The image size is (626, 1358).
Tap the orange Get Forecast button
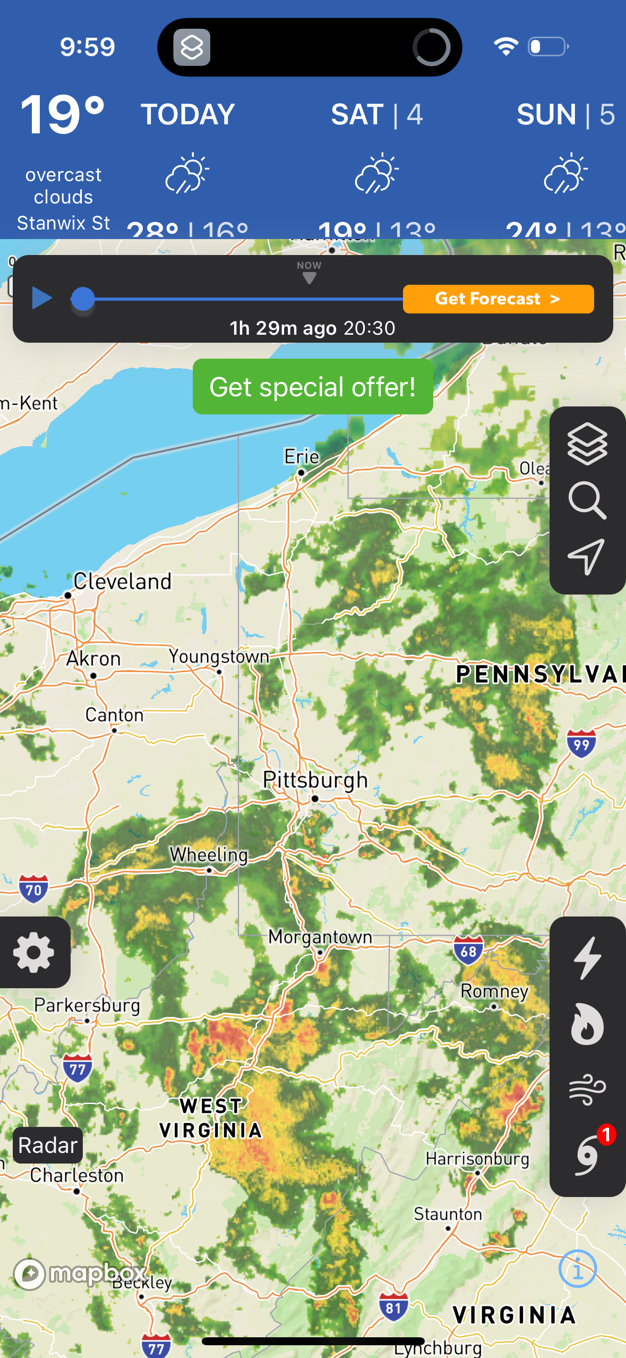pyautogui.click(x=498, y=299)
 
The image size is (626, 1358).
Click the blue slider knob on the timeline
pyautogui.click(x=83, y=299)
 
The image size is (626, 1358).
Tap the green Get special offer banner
pyautogui.click(x=313, y=387)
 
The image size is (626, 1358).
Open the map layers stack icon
pyautogui.click(x=587, y=444)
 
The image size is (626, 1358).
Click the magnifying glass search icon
pyautogui.click(x=587, y=500)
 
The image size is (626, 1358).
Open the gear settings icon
pyautogui.click(x=34, y=953)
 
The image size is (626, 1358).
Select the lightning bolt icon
pyautogui.click(x=587, y=958)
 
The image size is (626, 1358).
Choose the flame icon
pyautogui.click(x=587, y=1024)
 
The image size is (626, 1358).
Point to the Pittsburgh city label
pyautogui.click(x=315, y=780)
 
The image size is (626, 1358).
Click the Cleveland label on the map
pyautogui.click(x=122, y=581)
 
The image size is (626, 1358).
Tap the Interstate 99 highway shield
pyautogui.click(x=581, y=744)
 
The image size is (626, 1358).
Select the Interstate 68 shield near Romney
pyautogui.click(x=468, y=950)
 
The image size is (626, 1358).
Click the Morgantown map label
pyautogui.click(x=320, y=937)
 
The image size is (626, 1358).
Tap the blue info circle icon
pyautogui.click(x=578, y=1269)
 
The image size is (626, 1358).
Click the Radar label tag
pyautogui.click(x=48, y=1145)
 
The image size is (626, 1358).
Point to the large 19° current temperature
pyautogui.click(x=63, y=114)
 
